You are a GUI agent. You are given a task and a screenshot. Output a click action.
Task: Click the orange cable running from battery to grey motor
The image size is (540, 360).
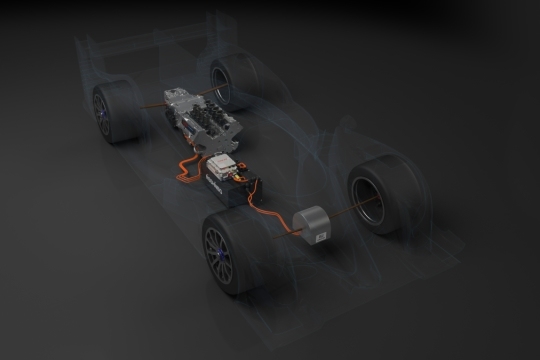275,214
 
